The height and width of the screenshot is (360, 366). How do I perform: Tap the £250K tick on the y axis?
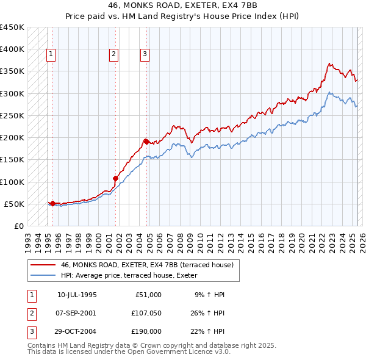click(12, 115)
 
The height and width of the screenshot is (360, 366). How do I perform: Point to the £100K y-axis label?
click(12, 182)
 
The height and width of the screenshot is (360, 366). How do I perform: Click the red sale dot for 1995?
click(52, 204)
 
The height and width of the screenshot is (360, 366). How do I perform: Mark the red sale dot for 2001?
click(115, 179)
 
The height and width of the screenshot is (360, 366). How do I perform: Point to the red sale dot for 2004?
click(146, 142)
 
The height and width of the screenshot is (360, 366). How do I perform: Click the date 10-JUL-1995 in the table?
click(77, 295)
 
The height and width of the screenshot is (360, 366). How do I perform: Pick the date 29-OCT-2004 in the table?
click(77, 331)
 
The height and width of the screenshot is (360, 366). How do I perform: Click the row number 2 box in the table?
click(31, 313)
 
